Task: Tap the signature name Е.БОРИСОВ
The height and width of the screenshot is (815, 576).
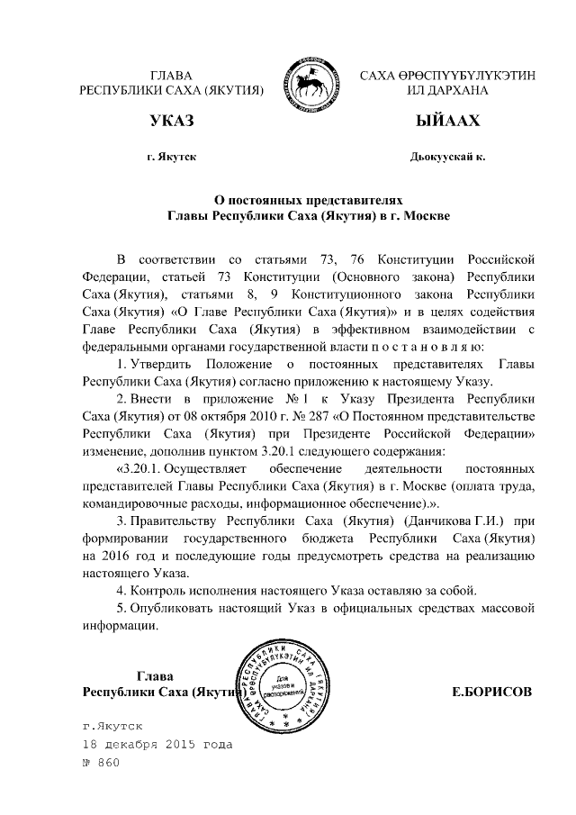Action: [x=491, y=692]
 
